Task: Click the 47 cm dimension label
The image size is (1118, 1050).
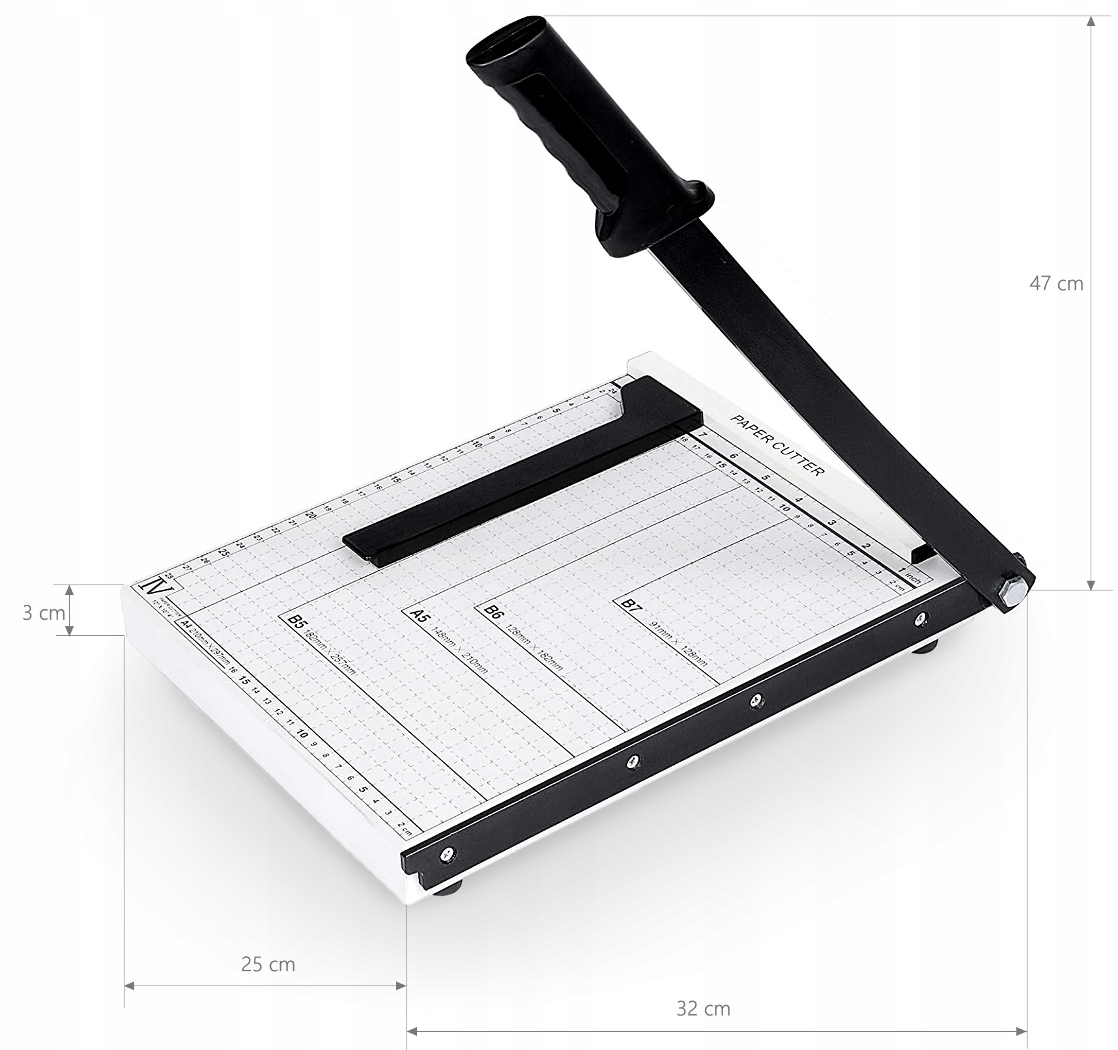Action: click(x=1055, y=284)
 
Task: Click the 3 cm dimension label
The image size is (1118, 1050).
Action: click(x=43, y=613)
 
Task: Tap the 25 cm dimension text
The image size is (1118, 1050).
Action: click(x=268, y=964)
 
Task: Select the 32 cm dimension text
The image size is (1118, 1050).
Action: click(x=703, y=1009)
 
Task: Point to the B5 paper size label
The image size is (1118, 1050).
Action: click(x=297, y=622)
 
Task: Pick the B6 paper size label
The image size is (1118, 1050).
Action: click(x=493, y=612)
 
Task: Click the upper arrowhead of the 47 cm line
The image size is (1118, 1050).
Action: click(x=1091, y=21)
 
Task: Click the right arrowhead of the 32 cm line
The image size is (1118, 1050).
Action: click(x=1021, y=1031)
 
